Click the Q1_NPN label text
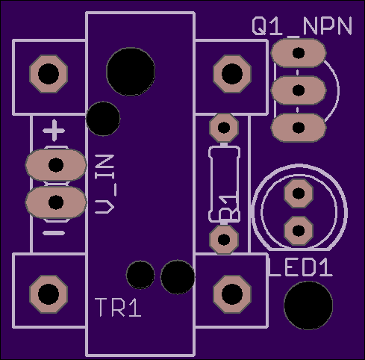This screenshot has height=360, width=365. point(302,26)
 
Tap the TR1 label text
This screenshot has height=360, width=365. point(118,308)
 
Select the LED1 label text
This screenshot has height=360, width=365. point(301,267)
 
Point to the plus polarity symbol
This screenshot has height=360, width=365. point(54,131)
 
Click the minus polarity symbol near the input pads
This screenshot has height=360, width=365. point(54,233)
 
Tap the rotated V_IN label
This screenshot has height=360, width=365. point(104,184)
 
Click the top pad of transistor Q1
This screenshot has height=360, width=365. point(299,53)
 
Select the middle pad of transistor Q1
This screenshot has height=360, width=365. point(299,90)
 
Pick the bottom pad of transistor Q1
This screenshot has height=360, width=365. point(299,128)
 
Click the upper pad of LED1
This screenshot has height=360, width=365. point(299,193)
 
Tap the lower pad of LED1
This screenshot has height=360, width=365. point(299,231)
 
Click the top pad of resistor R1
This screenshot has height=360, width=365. point(224,128)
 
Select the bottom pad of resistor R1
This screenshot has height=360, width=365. point(224,240)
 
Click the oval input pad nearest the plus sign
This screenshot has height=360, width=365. point(56,165)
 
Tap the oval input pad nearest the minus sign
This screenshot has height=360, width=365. point(56,202)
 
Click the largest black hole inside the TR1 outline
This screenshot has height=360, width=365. point(131,72)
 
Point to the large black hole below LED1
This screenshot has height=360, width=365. point(308,305)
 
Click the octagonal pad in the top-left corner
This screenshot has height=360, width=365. point(49,74)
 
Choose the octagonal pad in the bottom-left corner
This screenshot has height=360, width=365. point(49,294)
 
